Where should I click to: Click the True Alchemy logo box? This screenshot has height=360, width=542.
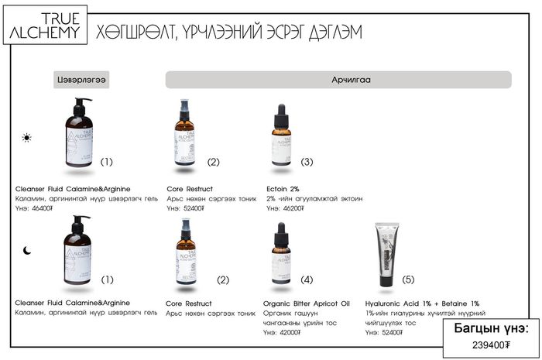coord(43,26)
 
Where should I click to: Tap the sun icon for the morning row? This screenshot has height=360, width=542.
coord(27,138)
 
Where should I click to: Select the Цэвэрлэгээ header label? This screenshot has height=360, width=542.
coord(81,80)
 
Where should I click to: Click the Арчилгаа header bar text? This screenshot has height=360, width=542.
coord(338,80)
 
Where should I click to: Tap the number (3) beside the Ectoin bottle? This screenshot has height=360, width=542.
coord(307,162)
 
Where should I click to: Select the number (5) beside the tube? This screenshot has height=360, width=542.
coord(408,279)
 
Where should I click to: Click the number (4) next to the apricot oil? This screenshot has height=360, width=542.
coord(307,279)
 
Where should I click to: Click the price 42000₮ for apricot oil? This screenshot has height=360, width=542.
coord(288,332)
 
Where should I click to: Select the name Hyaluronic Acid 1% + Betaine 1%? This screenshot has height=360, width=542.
coord(422,303)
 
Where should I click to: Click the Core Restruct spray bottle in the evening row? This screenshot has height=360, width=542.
coord(185,252)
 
